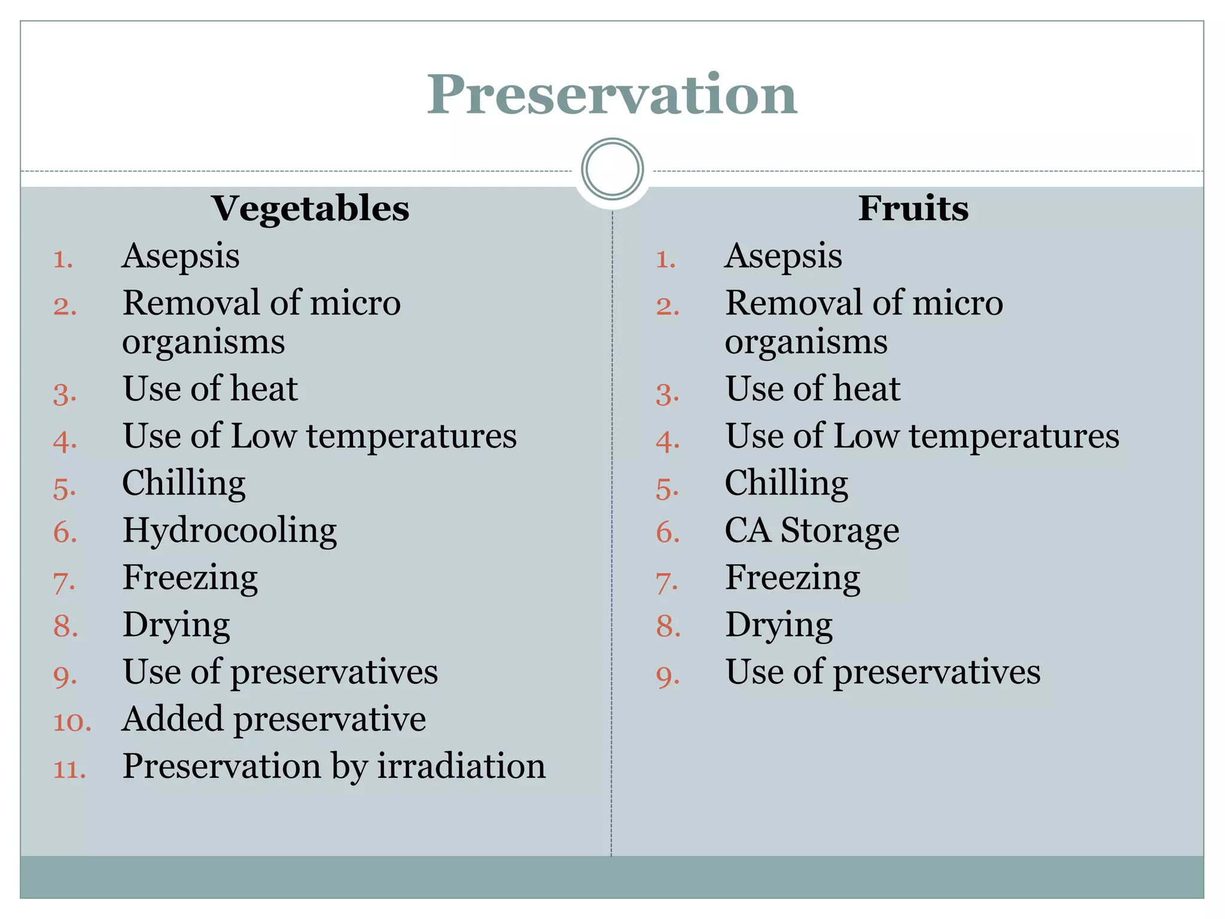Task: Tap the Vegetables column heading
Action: (310, 208)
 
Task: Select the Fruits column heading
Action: (913, 208)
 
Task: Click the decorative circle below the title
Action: (612, 169)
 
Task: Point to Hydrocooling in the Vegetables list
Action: (230, 531)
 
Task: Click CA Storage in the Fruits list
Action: (812, 531)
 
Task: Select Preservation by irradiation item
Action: (334, 766)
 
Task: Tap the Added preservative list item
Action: (274, 719)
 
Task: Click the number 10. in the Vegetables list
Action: (72, 722)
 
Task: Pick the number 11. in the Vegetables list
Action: (70, 769)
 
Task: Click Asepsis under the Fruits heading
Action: (783, 256)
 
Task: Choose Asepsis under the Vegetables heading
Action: (181, 256)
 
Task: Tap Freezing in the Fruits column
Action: (793, 578)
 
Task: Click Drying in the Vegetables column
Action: (176, 625)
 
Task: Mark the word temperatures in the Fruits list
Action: (1014, 436)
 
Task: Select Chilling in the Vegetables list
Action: (184, 483)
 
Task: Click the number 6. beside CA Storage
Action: (668, 532)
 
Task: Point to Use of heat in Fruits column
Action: (812, 389)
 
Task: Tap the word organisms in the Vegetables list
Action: (203, 343)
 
